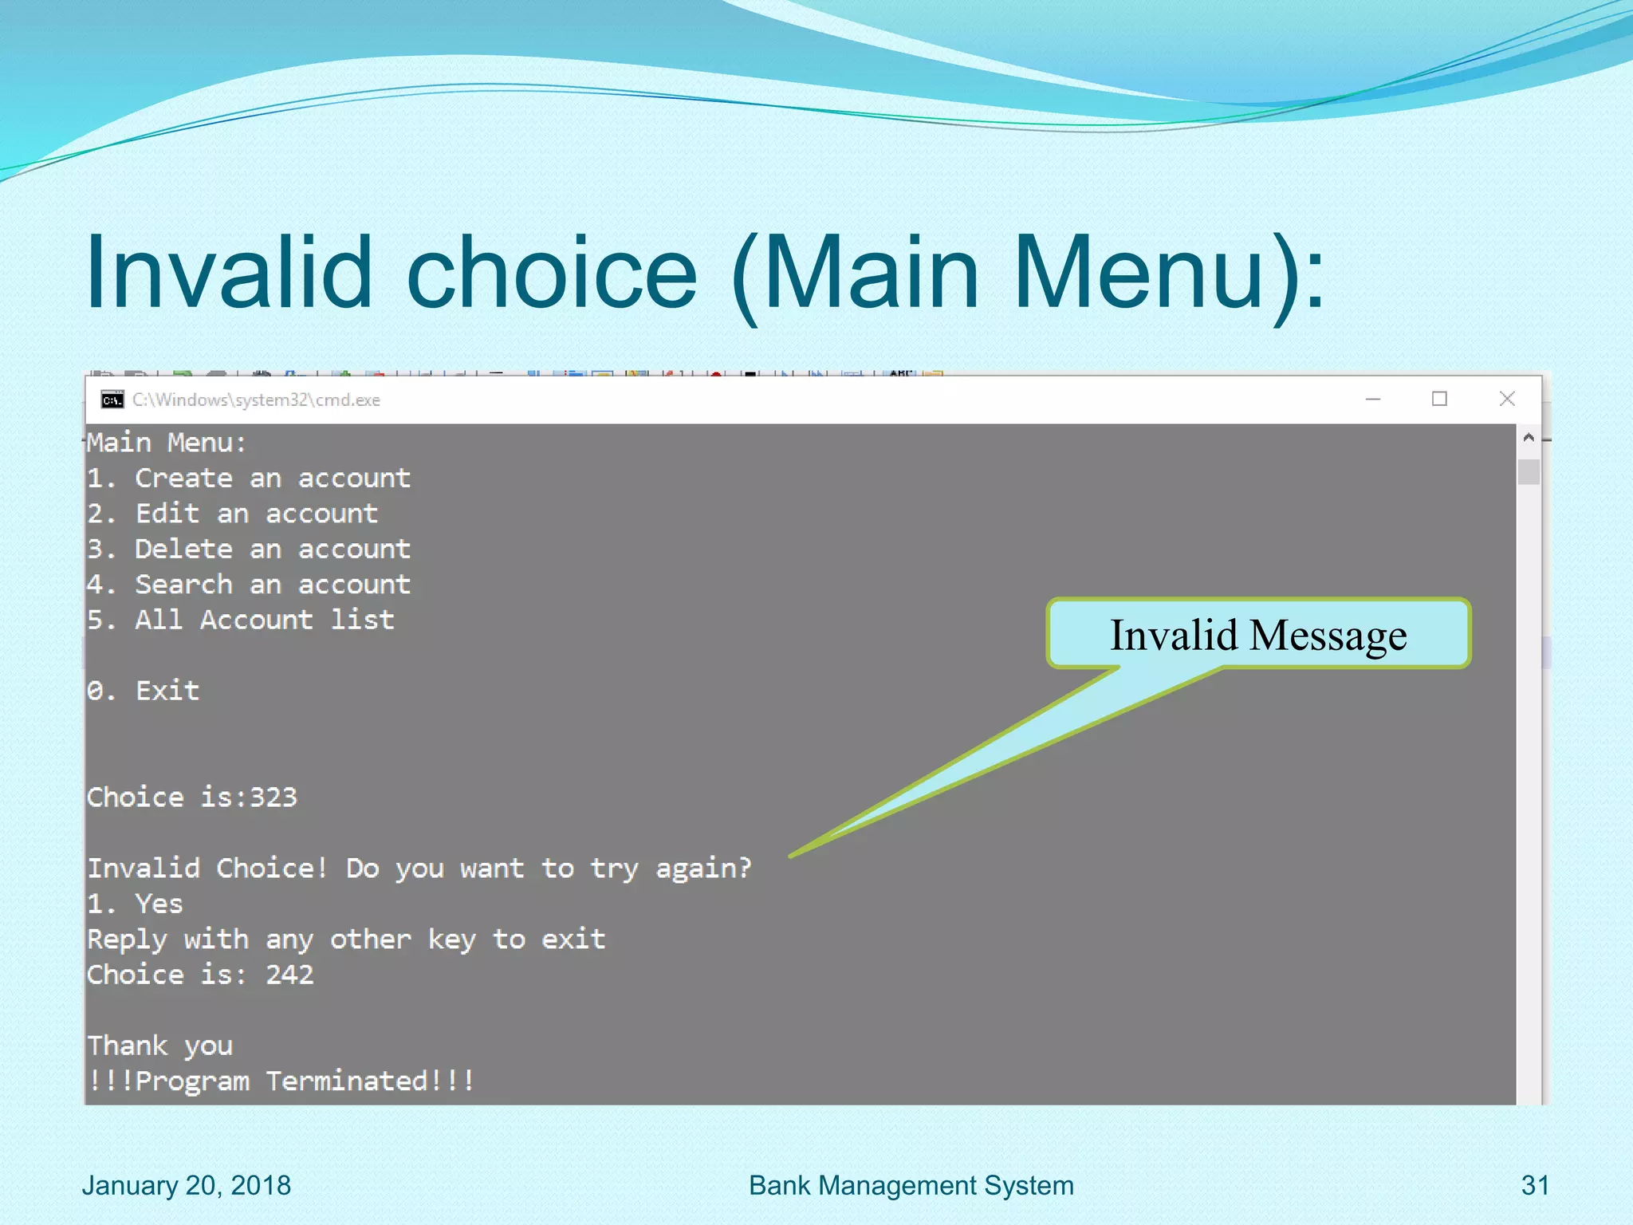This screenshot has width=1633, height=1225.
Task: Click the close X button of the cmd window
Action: point(1506,399)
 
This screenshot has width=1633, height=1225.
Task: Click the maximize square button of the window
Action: point(1439,399)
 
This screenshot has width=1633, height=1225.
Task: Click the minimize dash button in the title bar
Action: point(1372,400)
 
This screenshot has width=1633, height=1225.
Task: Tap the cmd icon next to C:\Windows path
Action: point(112,400)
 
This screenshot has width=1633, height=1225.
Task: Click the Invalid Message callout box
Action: point(1258,634)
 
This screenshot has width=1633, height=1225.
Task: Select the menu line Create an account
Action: point(249,479)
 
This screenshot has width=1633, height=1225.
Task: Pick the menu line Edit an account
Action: point(233,514)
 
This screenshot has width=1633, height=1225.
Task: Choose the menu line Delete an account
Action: point(249,549)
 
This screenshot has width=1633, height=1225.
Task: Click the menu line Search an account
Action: point(249,585)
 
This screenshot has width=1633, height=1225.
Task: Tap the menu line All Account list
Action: point(241,620)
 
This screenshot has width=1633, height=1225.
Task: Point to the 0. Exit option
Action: point(144,691)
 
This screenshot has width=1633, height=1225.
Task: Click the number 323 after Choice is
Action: point(273,798)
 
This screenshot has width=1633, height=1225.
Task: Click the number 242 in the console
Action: point(289,975)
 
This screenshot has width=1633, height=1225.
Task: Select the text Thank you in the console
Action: point(160,1046)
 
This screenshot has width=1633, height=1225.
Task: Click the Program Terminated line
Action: point(281,1081)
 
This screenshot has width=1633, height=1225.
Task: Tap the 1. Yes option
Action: point(136,904)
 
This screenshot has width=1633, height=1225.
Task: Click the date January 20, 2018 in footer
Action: point(186,1185)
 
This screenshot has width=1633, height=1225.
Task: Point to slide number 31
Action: point(1534,1185)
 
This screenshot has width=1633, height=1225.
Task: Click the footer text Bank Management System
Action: point(911,1185)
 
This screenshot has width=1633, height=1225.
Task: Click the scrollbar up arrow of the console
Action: point(1528,437)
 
